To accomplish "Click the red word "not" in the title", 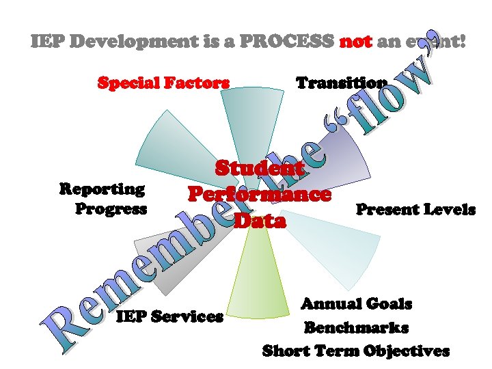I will coord(355,41).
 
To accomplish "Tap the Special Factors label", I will coord(163,83).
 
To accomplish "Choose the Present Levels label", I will coord(415,210).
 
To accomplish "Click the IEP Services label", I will coord(169,316).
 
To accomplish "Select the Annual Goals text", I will coord(357,303).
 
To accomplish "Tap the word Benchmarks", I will coord(356,327).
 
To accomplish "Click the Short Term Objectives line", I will coord(356,351).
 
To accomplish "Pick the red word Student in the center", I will coord(260,168).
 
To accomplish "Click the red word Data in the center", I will coord(260,221).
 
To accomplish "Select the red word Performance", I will coord(260,195).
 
